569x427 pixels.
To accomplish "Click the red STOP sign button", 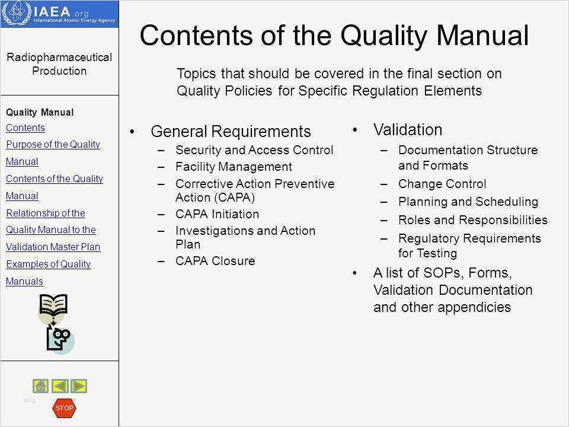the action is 64,408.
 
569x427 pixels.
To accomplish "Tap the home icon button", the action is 41,386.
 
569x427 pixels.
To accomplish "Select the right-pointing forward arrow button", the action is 79,386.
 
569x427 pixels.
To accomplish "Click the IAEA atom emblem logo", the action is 17,13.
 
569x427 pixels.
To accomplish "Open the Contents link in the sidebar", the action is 25,128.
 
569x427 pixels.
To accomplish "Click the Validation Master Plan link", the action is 53,247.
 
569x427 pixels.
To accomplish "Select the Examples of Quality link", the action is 48,264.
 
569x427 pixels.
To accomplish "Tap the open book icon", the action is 53,305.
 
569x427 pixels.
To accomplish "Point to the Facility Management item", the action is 234,167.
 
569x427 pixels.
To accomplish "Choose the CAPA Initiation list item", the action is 217,214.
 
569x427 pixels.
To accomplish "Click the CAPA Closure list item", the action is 215,261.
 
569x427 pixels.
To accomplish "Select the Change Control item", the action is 442,184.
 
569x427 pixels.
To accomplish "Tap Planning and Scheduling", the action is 468,202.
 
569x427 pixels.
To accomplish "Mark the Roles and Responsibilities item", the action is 473,220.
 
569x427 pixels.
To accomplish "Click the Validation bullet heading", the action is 408,130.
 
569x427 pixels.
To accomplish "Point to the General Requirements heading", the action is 231,132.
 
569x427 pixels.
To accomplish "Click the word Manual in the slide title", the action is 482,35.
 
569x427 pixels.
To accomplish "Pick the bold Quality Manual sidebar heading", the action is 40,113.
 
